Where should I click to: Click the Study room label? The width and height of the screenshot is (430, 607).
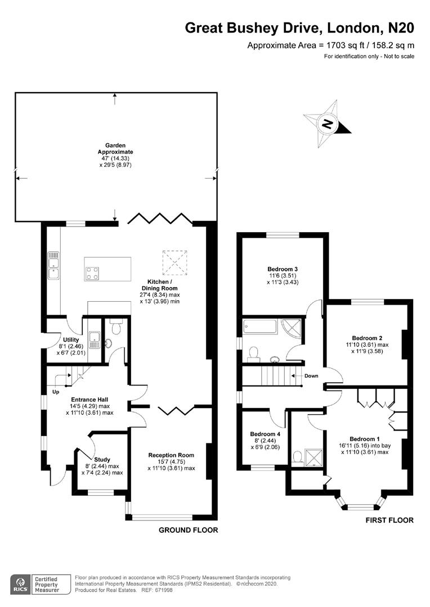coord(102,459)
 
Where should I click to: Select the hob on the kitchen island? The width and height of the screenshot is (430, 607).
coord(93,273)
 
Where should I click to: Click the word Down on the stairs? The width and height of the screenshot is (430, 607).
coord(311,376)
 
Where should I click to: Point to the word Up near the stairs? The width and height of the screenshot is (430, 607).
coord(55,391)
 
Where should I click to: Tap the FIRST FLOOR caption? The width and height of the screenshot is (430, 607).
coord(389,520)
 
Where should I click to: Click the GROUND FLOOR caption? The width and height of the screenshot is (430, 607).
coord(188,530)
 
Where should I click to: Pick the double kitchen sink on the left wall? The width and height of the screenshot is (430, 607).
coord(54,266)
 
